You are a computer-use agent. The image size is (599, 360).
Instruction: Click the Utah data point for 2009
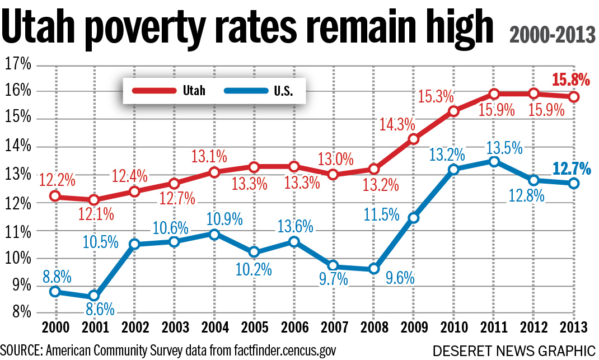pyautogui.click(x=413, y=139)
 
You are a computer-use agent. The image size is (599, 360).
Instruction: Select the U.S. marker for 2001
pyautogui.click(x=93, y=295)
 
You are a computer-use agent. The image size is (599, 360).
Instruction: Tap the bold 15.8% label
pyautogui.click(x=571, y=80)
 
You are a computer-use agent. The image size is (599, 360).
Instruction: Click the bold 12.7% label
pyautogui.click(x=570, y=167)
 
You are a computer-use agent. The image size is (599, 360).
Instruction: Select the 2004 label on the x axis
pyautogui.click(x=213, y=328)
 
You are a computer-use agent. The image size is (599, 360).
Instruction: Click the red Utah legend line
pyautogui.click(x=152, y=91)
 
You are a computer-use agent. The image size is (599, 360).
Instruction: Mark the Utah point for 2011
pyautogui.click(x=493, y=93)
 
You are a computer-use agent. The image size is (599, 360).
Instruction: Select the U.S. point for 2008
pyautogui.click(x=373, y=269)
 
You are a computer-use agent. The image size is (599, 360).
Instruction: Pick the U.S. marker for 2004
pyautogui.click(x=213, y=234)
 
